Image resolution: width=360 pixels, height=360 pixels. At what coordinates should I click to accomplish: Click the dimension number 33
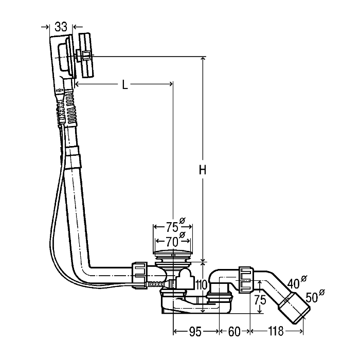click(61, 27)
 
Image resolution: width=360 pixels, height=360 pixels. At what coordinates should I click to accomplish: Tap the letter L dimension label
click(124, 85)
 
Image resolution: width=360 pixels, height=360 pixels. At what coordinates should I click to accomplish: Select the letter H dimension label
click(202, 170)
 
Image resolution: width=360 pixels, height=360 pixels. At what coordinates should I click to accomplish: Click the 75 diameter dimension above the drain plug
click(174, 226)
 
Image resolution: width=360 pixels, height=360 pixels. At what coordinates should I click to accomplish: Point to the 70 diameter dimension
click(174, 241)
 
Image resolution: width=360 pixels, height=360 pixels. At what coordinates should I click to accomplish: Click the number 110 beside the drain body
click(202, 285)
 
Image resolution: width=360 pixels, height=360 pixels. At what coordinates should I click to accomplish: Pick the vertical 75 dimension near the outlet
click(260, 300)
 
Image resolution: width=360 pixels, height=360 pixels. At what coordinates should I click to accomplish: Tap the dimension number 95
click(195, 331)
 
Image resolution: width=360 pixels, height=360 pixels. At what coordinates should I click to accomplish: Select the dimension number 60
click(234, 331)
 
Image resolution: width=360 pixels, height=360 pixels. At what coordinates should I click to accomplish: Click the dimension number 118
click(276, 331)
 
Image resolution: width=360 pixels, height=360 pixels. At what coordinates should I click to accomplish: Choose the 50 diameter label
click(315, 296)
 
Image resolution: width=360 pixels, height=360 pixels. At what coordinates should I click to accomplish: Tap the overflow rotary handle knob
click(86, 55)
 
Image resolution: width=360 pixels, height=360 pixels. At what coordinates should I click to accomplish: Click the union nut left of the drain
click(139, 275)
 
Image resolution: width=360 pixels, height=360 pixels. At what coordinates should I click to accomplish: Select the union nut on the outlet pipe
click(246, 280)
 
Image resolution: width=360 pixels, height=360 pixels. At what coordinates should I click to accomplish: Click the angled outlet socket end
click(294, 308)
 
